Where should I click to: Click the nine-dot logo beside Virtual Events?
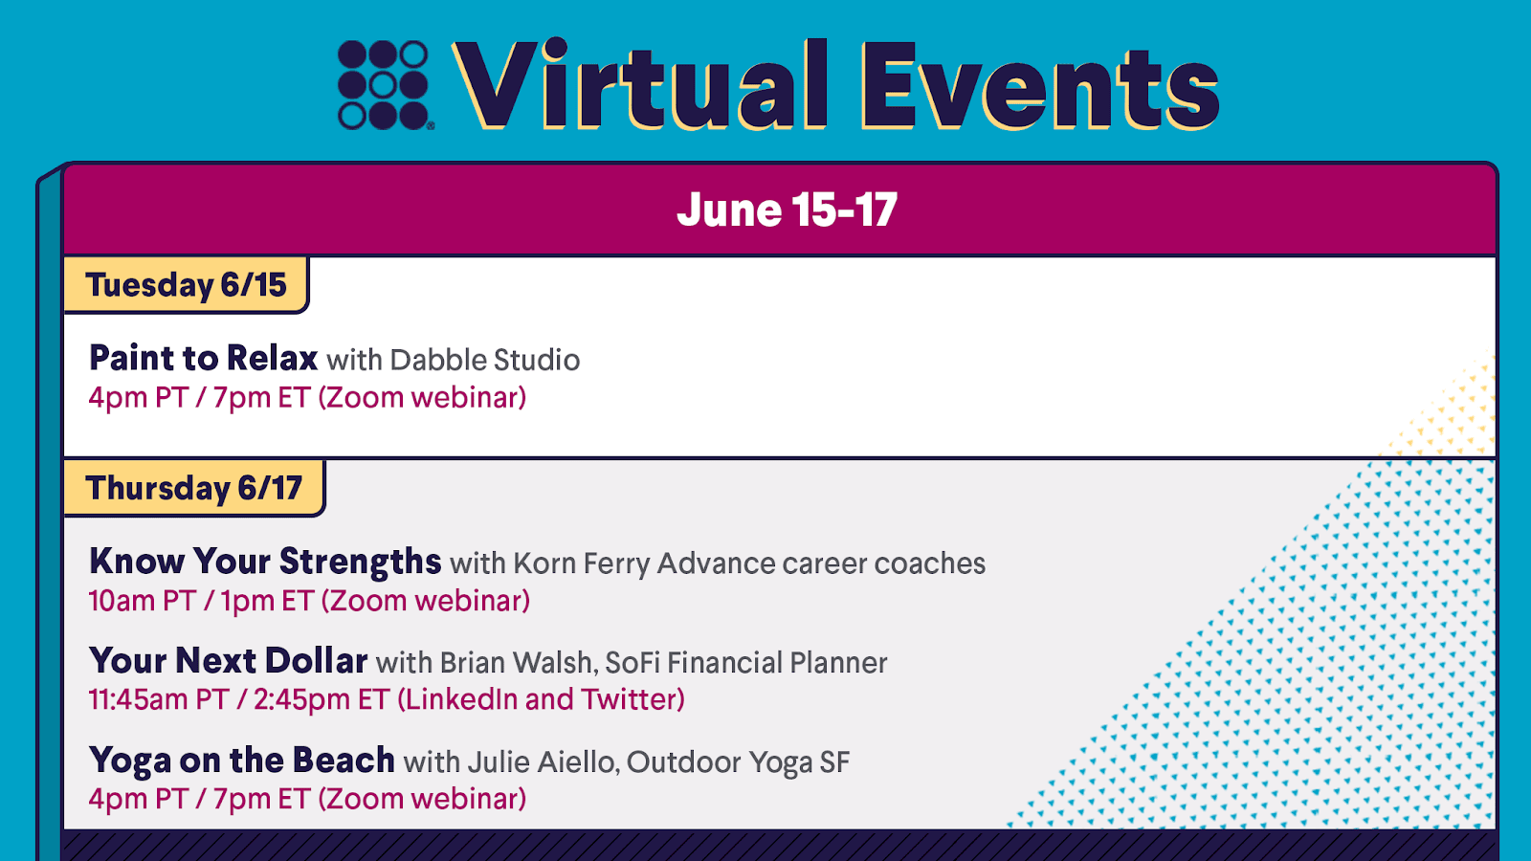[384, 85]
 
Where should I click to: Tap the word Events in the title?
[1040, 85]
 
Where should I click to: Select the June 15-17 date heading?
[787, 210]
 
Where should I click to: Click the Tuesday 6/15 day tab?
[186, 285]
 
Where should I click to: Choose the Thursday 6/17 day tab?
[194, 488]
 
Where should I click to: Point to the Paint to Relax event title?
[203, 358]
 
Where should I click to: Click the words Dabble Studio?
[484, 360]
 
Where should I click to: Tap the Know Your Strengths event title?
[265, 561]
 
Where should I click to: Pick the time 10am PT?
[143, 601]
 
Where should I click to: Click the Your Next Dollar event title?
[229, 661]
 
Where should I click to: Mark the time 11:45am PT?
[159, 699]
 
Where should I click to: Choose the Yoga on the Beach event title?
[242, 761]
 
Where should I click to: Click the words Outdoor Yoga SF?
[738, 762]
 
